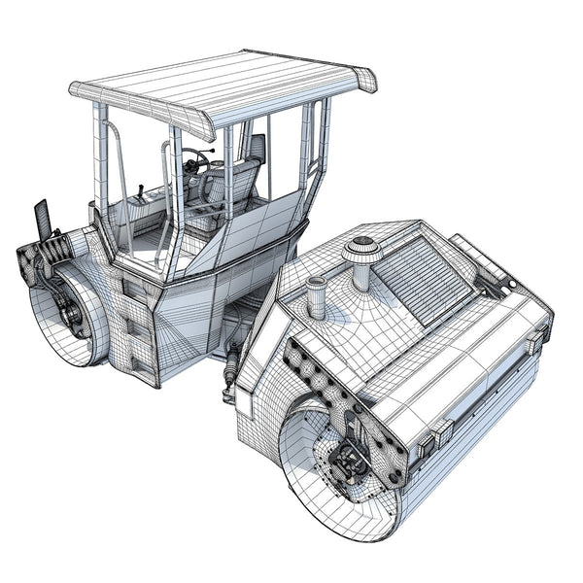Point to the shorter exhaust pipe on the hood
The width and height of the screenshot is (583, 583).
[316, 296]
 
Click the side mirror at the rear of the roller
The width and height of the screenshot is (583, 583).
[42, 220]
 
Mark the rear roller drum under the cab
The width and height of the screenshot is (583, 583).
[68, 316]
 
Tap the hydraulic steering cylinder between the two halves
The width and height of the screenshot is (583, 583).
[230, 369]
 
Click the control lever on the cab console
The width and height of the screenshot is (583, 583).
[142, 193]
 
